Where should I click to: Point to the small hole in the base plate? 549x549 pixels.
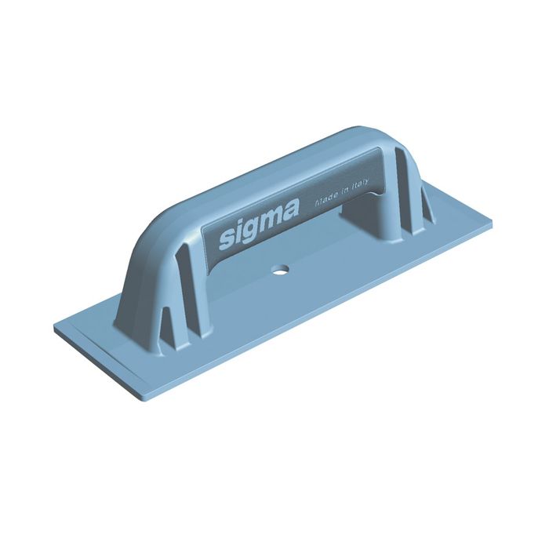pyautogui.click(x=278, y=271)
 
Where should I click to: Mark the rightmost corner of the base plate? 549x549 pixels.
pyautogui.click(x=492, y=225)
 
